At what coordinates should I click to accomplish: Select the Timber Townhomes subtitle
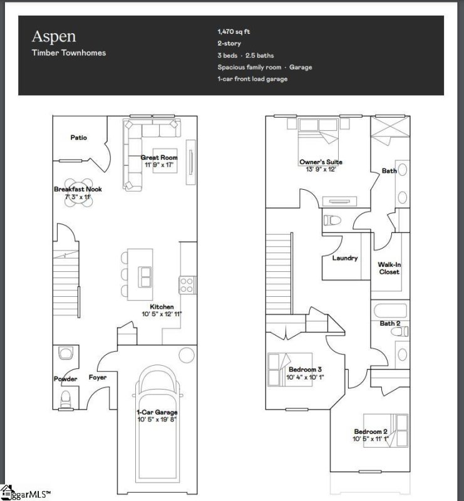point(69,53)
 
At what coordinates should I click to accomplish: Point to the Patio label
point(78,137)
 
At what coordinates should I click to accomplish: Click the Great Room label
point(159,158)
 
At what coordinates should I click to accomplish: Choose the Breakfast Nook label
point(78,189)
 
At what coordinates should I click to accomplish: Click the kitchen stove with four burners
point(187,286)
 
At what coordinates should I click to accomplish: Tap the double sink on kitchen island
point(145,276)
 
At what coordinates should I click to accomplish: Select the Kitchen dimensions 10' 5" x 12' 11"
point(162,314)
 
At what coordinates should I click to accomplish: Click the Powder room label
point(65,379)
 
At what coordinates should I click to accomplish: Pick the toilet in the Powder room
point(64,398)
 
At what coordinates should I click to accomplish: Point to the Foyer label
point(97,378)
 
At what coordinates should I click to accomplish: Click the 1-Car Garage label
point(157,412)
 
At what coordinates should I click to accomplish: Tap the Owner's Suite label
point(321,162)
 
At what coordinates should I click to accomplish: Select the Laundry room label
point(345,258)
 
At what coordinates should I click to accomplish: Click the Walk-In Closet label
point(388,268)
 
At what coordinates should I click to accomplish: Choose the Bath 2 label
point(389,323)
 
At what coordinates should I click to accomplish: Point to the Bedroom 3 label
point(305,370)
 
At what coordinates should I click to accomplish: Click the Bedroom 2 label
point(371,431)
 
